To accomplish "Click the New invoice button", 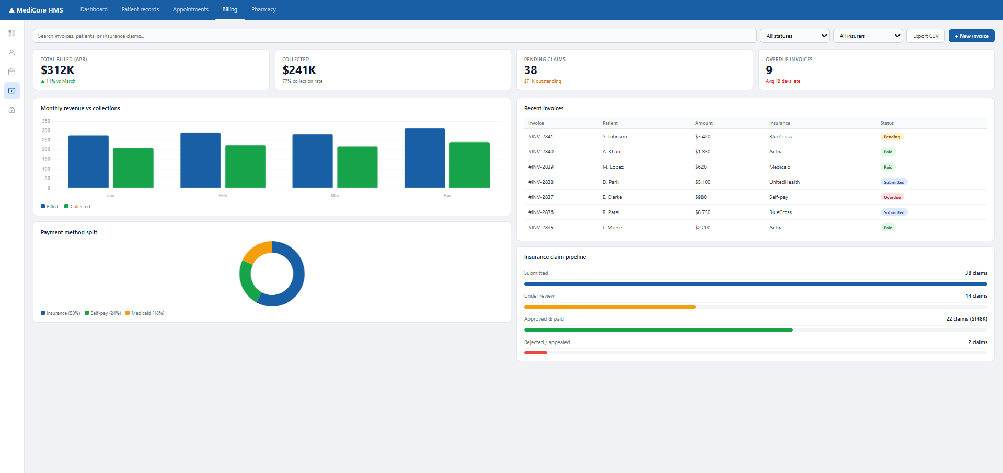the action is coord(971,36).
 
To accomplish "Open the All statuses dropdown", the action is coord(794,36).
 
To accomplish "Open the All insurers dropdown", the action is coord(868,36).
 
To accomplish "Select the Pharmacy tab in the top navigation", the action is coord(263,9).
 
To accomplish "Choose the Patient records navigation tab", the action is coord(140,9).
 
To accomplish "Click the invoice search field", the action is coord(395,36).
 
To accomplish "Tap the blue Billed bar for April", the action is coord(424,158).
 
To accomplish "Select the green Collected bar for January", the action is coord(133,168).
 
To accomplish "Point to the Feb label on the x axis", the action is coord(223,196).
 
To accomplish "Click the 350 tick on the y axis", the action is coord(46,121).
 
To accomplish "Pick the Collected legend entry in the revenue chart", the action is coord(77,207).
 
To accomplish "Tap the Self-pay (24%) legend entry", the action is coord(103,313).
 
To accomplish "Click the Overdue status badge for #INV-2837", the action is coord(892,197).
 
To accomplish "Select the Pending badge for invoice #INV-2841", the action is coord(892,137).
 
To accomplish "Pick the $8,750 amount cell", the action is coord(702,212).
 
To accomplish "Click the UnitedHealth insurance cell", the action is coord(785,182).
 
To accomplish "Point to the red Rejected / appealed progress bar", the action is coord(536,353).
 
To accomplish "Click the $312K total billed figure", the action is coord(57,70).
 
